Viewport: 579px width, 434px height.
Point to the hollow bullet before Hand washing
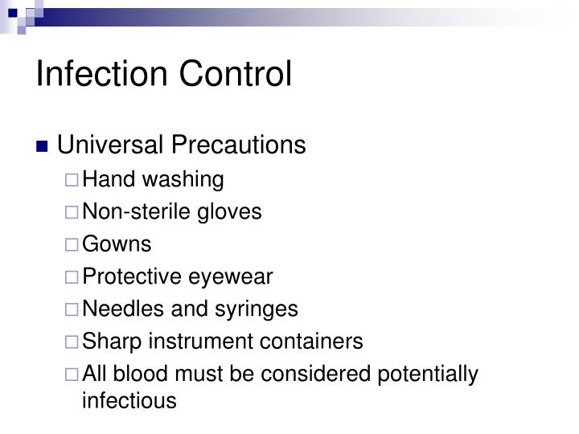pyautogui.click(x=72, y=180)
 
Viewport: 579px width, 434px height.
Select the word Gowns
pyautogui.click(x=117, y=244)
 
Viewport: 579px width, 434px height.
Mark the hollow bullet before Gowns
pyautogui.click(x=72, y=245)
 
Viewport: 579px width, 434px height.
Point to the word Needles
pyautogui.click(x=117, y=309)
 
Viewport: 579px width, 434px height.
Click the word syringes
pyautogui.click(x=263, y=309)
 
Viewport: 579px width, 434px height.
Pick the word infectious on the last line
pyautogui.click(x=129, y=400)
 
